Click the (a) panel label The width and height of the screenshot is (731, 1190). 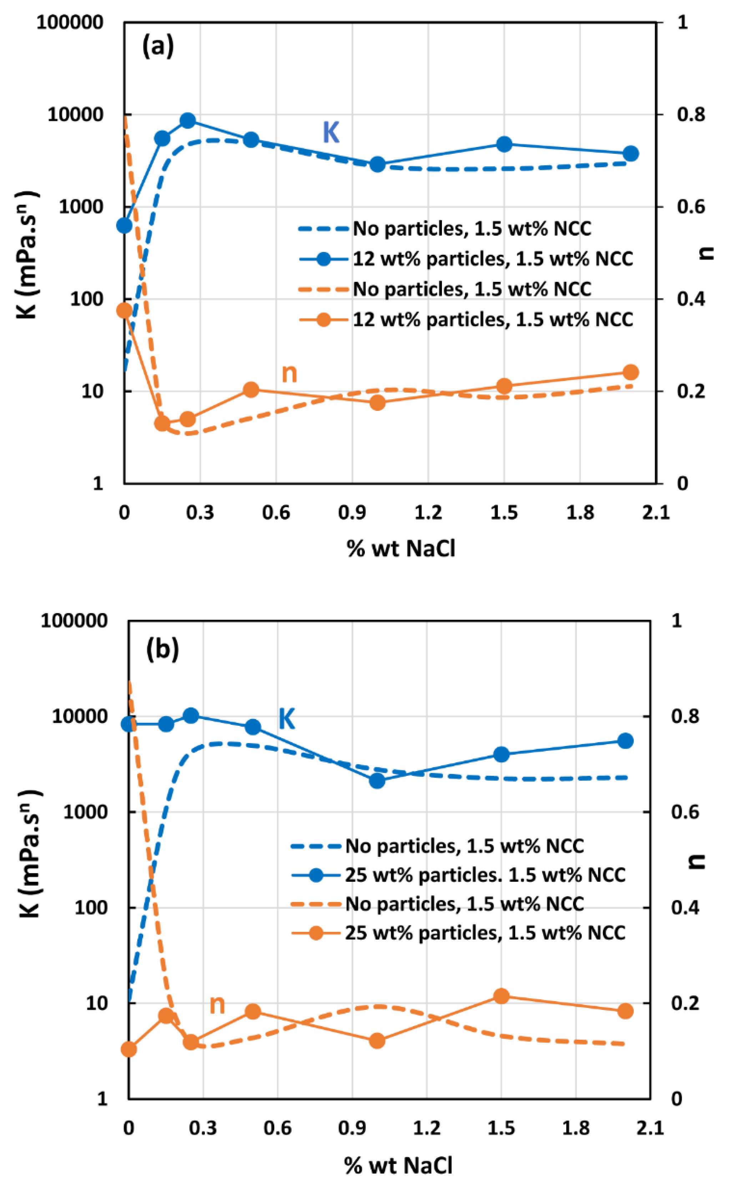point(158,47)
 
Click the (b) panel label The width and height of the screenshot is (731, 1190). point(162,649)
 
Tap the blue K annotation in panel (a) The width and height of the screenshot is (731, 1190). point(331,132)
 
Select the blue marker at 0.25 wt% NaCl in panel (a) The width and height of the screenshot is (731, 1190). point(188,120)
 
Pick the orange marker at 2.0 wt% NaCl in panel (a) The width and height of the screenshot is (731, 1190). point(630,372)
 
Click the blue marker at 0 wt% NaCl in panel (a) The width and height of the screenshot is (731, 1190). point(124,225)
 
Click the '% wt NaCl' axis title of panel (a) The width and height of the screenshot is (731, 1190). point(401,548)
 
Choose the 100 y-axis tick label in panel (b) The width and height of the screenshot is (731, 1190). point(90,908)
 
